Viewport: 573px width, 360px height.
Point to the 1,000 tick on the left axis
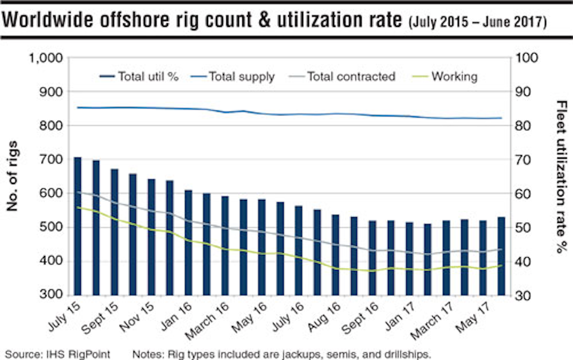point(46,58)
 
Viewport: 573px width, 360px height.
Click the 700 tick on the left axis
point(51,160)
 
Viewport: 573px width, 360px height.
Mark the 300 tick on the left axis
point(51,295)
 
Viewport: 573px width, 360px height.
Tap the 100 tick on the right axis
point(526,58)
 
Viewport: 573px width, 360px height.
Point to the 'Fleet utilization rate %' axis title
point(561,176)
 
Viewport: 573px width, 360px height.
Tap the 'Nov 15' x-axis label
point(136,317)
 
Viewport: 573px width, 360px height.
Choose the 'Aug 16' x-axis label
point(324,317)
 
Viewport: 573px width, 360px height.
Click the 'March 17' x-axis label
point(431,321)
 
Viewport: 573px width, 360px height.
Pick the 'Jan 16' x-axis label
point(176,317)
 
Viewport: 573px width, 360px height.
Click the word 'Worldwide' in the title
point(48,20)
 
